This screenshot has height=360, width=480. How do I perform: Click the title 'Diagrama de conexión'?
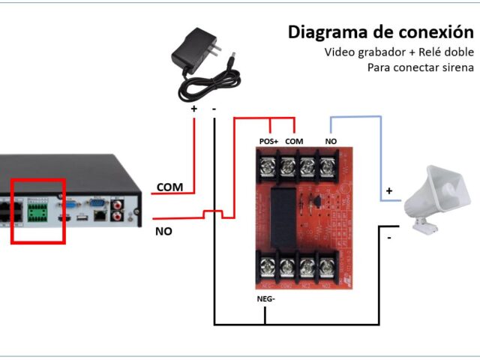tap(381, 32)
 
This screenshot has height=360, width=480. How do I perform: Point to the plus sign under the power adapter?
tap(193, 108)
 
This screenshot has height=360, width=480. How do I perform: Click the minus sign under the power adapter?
tap(214, 108)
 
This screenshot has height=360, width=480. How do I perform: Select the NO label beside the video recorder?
tap(163, 231)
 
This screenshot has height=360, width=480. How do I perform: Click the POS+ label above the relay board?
tap(268, 141)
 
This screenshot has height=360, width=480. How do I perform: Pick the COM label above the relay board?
tap(295, 141)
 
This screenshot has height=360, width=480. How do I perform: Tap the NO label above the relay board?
tap(330, 141)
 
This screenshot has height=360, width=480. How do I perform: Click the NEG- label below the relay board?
tap(267, 299)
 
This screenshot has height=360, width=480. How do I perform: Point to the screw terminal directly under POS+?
tap(267, 164)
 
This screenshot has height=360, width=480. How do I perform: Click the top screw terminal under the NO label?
tap(327, 164)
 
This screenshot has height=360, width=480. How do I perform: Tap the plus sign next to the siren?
tap(388, 190)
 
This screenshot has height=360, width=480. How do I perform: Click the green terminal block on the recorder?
tap(36, 213)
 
